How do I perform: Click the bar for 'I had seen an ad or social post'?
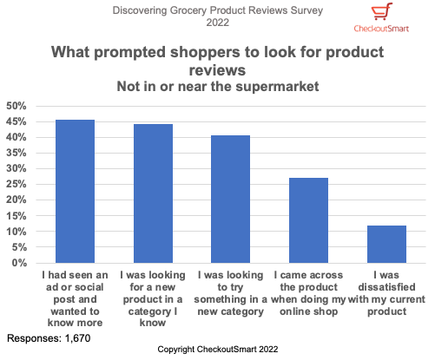pyautogui.click(x=75, y=192)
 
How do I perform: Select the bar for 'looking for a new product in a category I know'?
pyautogui.click(x=153, y=193)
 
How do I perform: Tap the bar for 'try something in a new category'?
pyautogui.click(x=230, y=200)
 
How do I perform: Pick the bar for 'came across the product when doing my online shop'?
pyautogui.click(x=308, y=220)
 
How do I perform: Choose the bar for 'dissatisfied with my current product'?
pyautogui.click(x=386, y=244)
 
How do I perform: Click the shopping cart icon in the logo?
pyautogui.click(x=380, y=12)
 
